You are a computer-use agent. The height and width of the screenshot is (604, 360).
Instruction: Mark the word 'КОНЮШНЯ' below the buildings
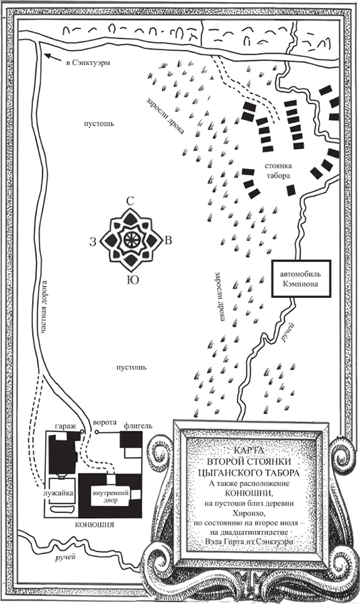coord(93,525)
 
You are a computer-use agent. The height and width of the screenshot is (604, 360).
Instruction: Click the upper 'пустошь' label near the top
coord(99,123)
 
